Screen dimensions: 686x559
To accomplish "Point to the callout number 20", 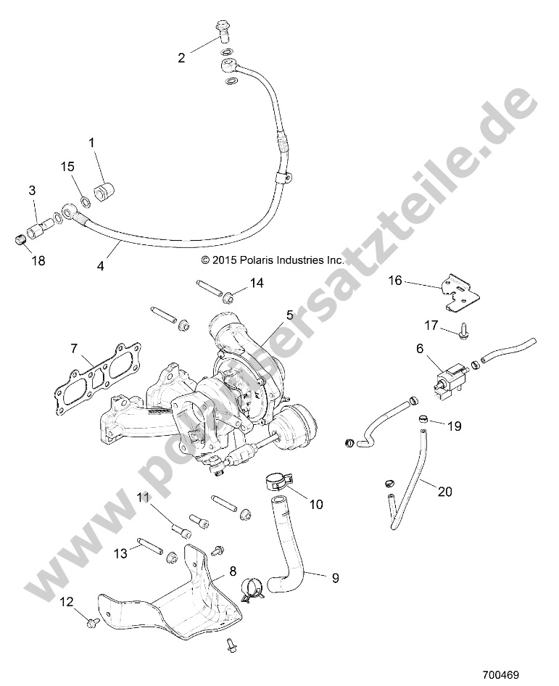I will coord(444,491).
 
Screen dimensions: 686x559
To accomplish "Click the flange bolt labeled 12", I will coord(92,621).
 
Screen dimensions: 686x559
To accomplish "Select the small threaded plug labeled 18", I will coord(20,239).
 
